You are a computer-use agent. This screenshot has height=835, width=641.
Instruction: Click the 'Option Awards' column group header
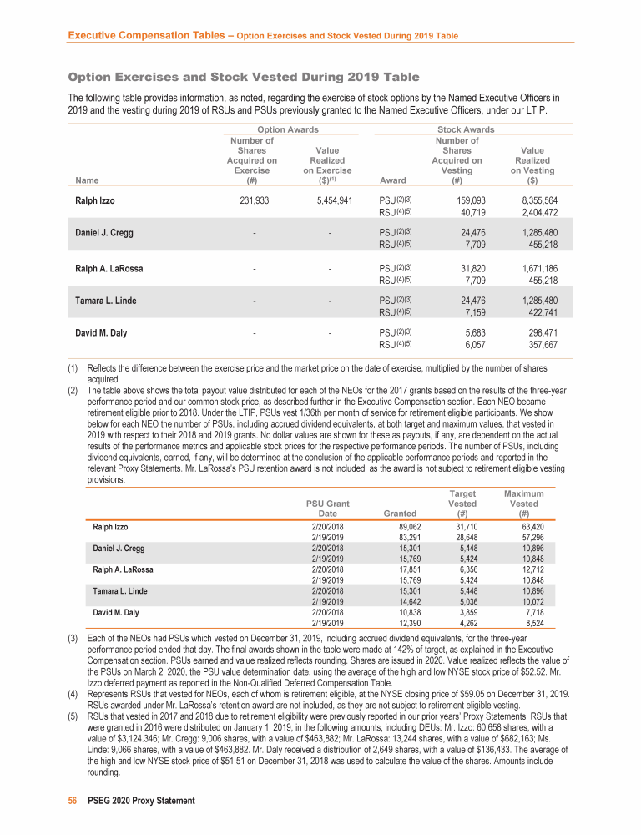(x=287, y=129)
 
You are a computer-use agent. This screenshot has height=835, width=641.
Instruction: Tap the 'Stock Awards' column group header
(x=466, y=129)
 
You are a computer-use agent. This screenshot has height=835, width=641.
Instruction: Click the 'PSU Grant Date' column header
(x=328, y=508)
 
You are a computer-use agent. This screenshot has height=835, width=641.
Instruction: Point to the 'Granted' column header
(x=398, y=513)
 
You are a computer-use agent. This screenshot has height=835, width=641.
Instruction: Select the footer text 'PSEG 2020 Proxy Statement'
(x=141, y=801)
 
